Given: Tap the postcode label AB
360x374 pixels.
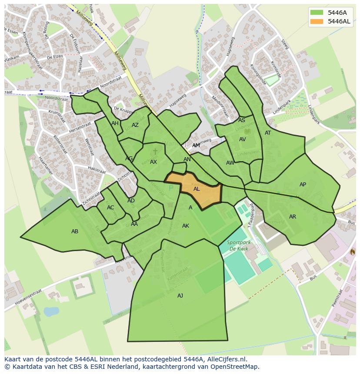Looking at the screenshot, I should (x=75, y=232).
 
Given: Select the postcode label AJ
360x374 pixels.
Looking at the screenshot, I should (x=180, y=296).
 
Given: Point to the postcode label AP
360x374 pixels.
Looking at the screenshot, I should (x=303, y=185).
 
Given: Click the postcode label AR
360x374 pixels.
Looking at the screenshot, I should (x=293, y=217).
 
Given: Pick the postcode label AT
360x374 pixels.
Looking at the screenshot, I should (x=268, y=133).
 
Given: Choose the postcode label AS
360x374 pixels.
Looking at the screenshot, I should (x=242, y=120).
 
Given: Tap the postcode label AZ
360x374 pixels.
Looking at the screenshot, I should (x=135, y=125).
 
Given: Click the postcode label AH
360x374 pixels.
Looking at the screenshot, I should (x=115, y=123).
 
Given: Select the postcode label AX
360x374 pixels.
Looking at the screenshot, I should (x=153, y=162).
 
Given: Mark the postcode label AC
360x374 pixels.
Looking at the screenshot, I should (x=110, y=208).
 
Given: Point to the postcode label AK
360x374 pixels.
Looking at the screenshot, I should (x=186, y=226).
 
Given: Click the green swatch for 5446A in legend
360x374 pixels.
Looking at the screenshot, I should (x=317, y=13).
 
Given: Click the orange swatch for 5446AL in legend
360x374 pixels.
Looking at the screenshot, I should (x=317, y=21).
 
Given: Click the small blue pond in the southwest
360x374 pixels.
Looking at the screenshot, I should (x=51, y=311).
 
